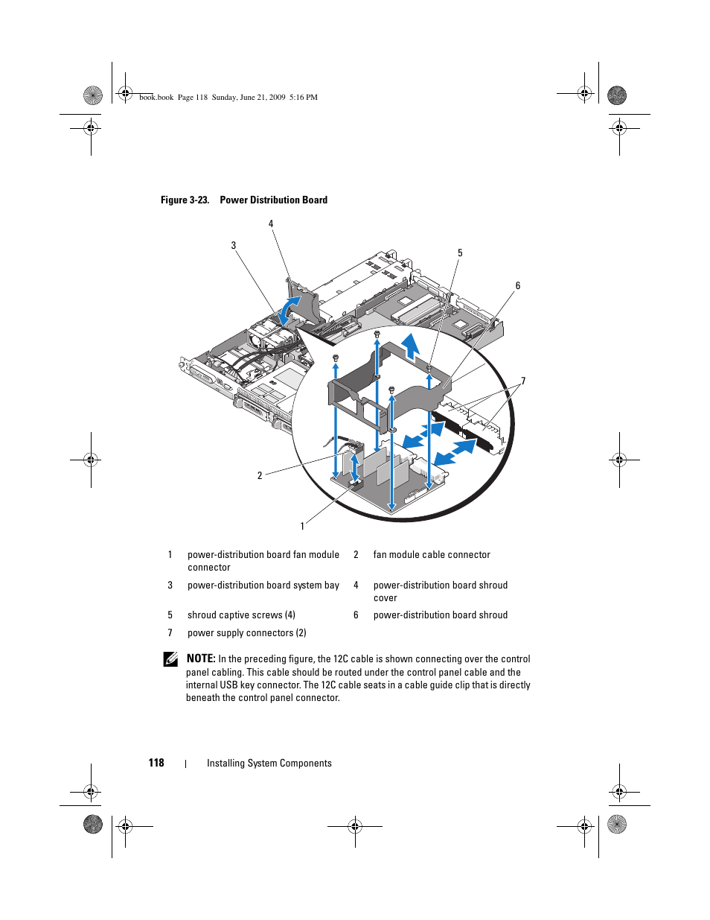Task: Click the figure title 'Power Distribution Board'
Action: [x=273, y=200]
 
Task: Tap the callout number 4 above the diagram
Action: [x=271, y=223]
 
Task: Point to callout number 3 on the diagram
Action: [x=234, y=245]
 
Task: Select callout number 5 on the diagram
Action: [x=460, y=253]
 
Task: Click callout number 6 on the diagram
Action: [x=518, y=285]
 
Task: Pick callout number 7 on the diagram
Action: [x=523, y=381]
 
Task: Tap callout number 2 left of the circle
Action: [x=260, y=475]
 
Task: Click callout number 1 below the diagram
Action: [x=302, y=526]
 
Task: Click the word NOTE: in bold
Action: [x=201, y=659]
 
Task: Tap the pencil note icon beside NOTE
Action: [x=170, y=659]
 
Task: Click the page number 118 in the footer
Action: [x=156, y=763]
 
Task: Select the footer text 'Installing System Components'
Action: [x=269, y=763]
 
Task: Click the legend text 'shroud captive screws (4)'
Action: [x=241, y=615]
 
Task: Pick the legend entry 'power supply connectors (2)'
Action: [x=246, y=632]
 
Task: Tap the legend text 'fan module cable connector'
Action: [x=432, y=554]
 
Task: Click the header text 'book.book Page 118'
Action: [x=173, y=97]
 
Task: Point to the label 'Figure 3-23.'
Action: [x=185, y=200]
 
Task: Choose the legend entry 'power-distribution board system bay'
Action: [x=263, y=585]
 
